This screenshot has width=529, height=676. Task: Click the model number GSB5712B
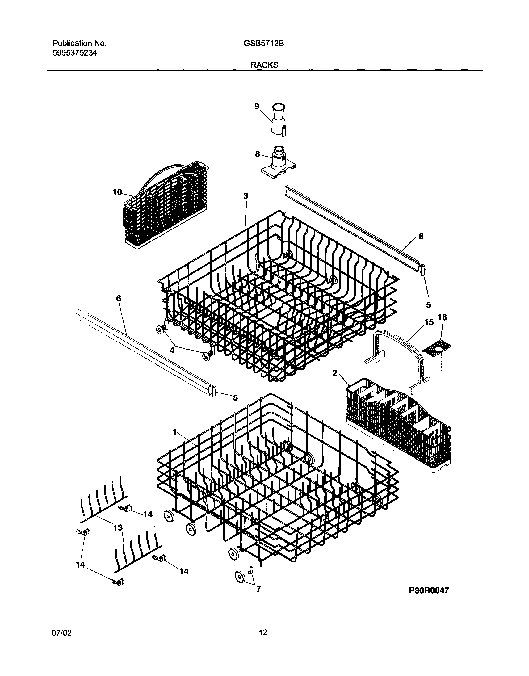263,44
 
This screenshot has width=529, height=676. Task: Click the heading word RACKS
264,65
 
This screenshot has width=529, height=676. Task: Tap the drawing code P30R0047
429,590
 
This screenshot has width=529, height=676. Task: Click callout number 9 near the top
257,106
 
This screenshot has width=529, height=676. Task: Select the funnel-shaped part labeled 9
278,121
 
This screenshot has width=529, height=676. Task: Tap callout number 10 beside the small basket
117,192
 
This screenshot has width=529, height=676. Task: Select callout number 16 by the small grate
443,317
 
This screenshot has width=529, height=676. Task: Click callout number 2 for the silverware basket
334,373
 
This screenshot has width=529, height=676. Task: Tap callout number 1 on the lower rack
175,432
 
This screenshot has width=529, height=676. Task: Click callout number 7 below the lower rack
258,589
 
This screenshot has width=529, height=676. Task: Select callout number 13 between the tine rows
118,527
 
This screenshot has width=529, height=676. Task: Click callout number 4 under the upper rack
172,350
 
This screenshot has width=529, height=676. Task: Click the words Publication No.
80,44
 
